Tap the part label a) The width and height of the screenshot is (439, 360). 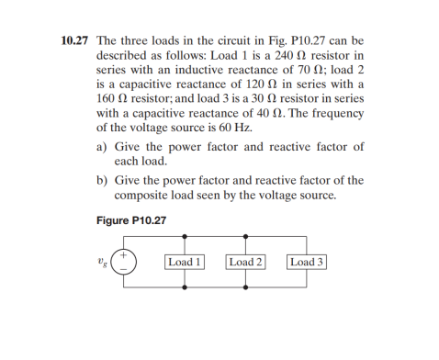click(103, 147)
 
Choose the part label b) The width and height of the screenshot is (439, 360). click(103, 181)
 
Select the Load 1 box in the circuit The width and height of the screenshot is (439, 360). click(185, 262)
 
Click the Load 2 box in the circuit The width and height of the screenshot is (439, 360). click(245, 262)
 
